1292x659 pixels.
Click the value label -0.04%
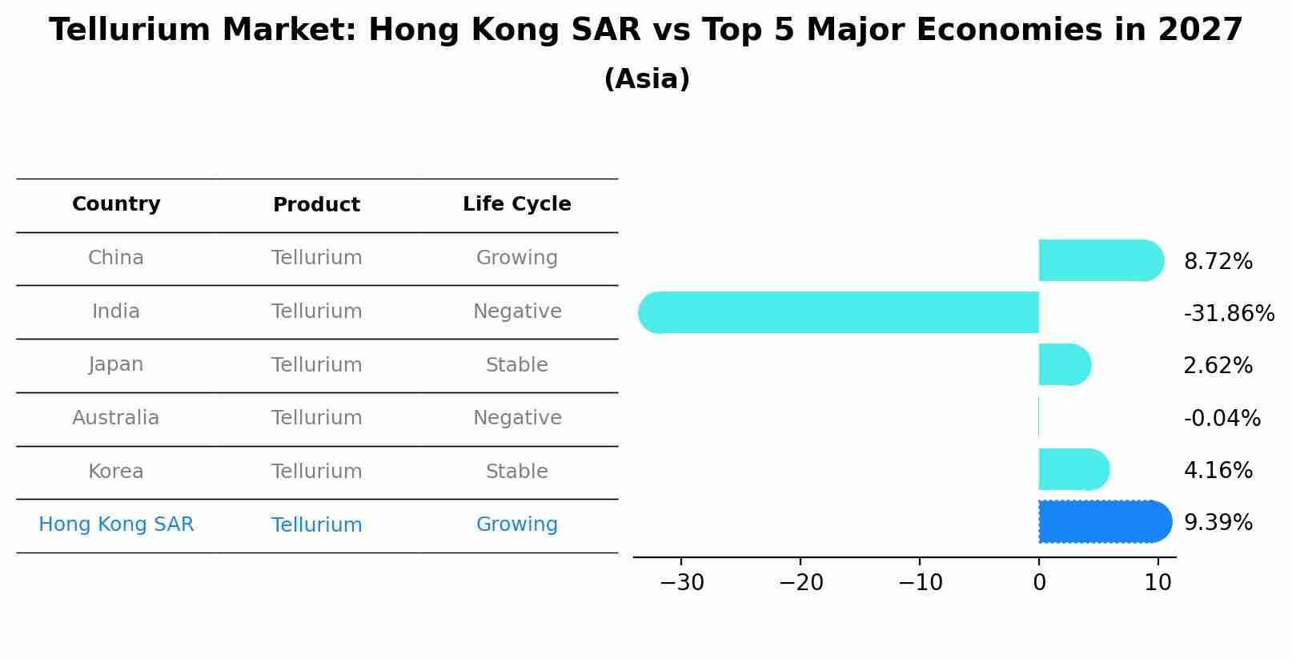[1222, 419]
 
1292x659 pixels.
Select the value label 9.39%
[1218, 523]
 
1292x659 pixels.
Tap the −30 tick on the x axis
[682, 583]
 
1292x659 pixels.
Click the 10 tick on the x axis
[1158, 583]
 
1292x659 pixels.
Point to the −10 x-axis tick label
[920, 583]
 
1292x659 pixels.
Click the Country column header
[116, 204]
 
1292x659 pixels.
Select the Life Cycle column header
[516, 204]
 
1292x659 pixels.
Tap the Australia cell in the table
[116, 418]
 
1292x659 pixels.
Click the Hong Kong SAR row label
[116, 524]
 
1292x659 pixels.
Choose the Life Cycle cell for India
[516, 311]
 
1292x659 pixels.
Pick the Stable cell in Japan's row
[516, 365]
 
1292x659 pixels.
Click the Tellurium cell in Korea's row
[316, 472]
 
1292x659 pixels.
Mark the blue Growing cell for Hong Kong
[516, 524]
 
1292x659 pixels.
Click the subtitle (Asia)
[646, 79]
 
